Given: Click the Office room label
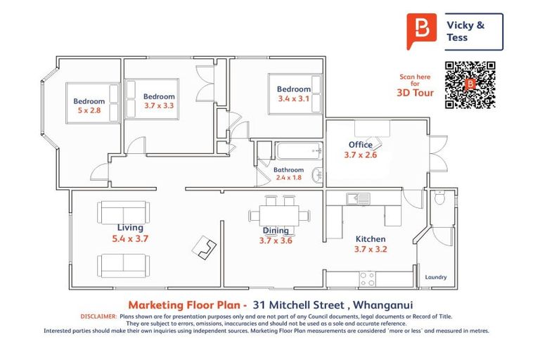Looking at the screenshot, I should [360, 145].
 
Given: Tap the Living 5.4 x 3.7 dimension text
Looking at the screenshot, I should [130, 238].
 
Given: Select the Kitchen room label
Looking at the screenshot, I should [371, 238].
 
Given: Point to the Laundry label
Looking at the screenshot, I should [436, 277].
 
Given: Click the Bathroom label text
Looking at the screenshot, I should [288, 169].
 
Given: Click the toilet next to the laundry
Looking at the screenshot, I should [440, 198].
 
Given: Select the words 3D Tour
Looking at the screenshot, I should [416, 93].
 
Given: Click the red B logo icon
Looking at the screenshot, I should [421, 31].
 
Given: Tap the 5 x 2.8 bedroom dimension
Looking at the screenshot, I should [89, 110].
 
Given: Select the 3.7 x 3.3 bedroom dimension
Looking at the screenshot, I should [159, 106].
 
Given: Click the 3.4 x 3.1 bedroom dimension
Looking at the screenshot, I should [293, 99].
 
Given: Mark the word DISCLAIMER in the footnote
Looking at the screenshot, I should [98, 316].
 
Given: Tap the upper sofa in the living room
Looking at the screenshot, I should [124, 212].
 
